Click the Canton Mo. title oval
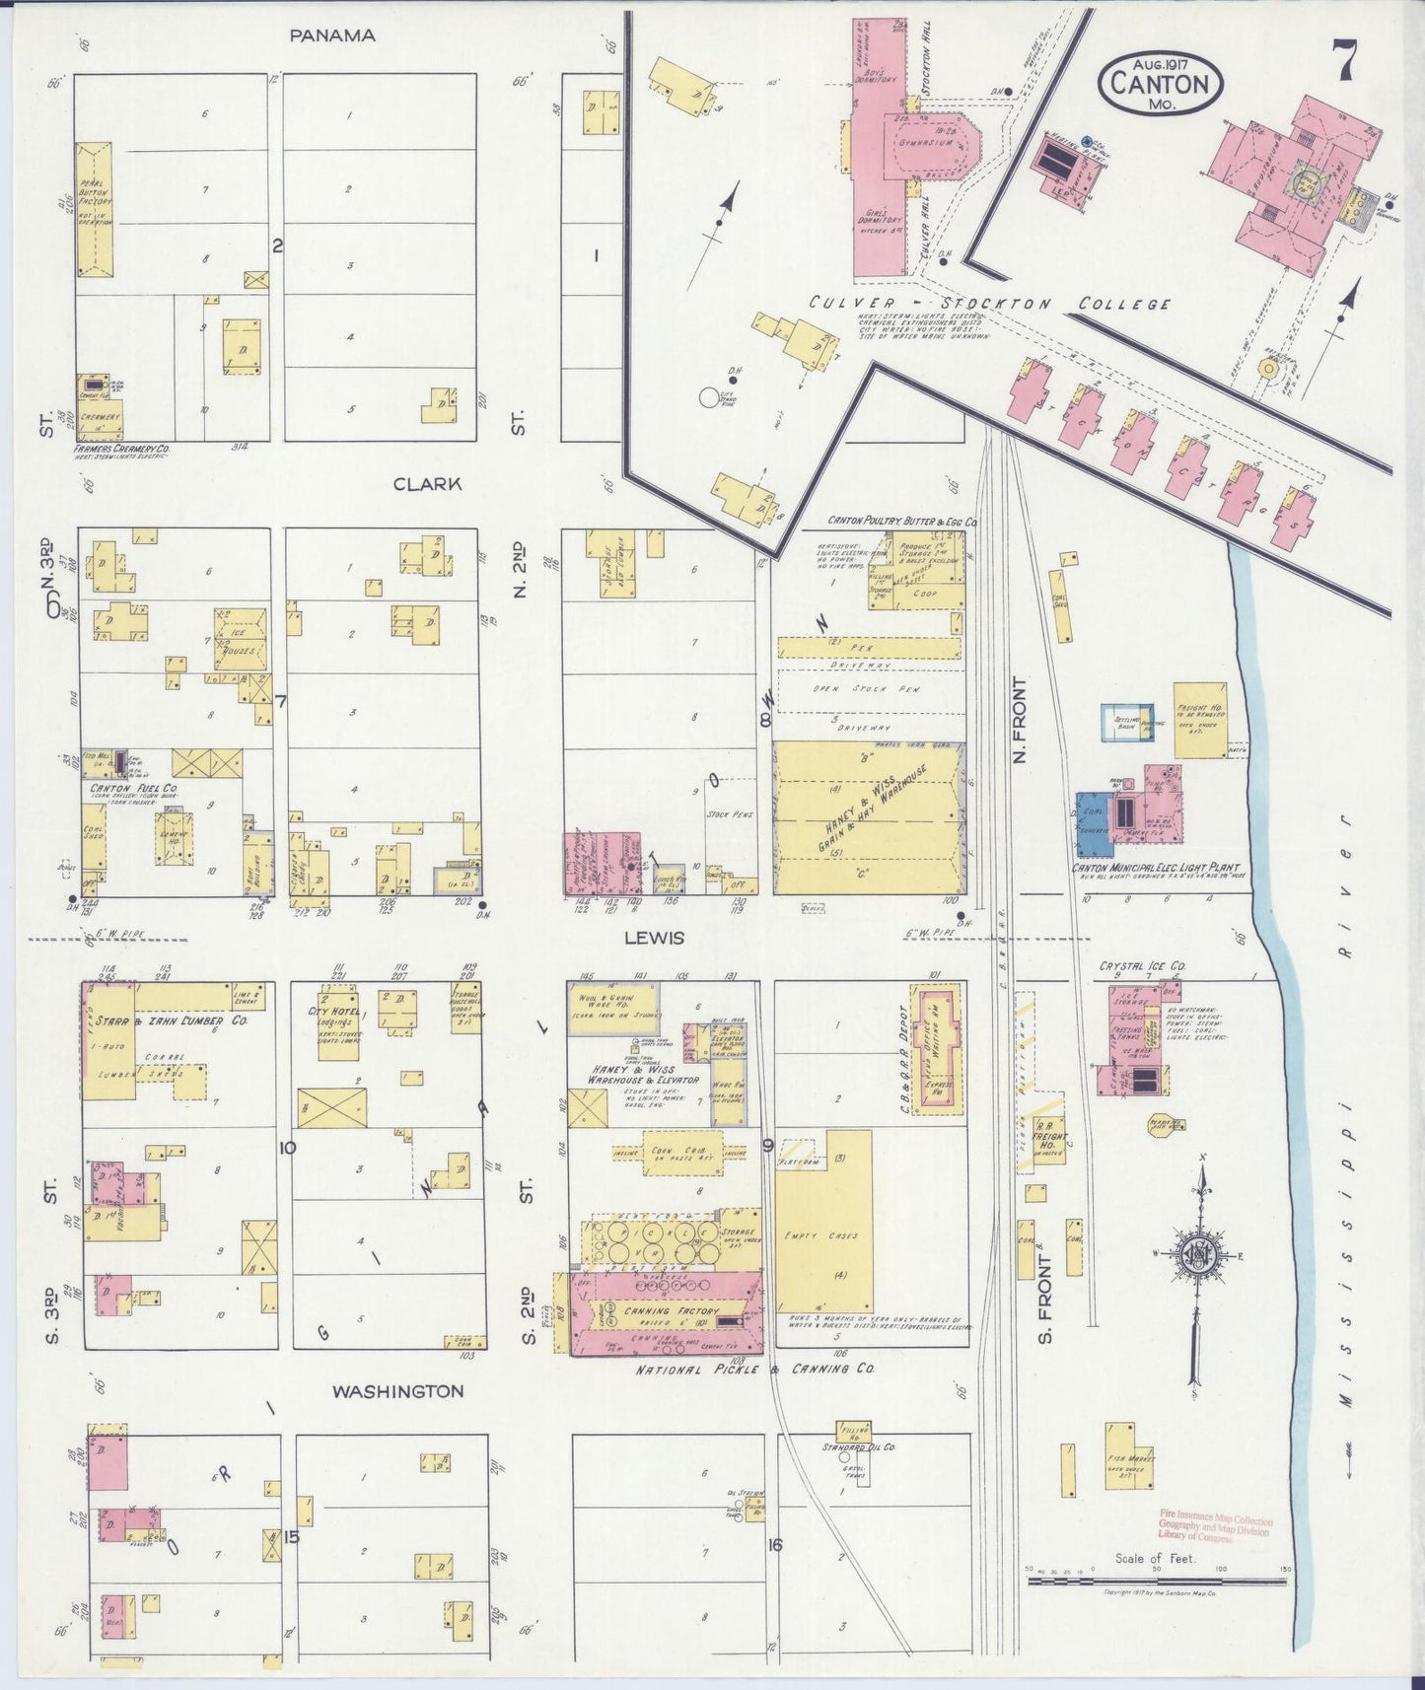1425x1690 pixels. click(1160, 82)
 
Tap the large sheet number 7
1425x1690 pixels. click(1345, 61)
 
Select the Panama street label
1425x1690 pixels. click(332, 35)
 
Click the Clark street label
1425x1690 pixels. click(427, 484)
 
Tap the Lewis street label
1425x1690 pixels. click(654, 938)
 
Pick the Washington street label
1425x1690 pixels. click(397, 1391)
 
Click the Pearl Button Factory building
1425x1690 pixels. click(95, 209)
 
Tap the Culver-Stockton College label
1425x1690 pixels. click(989, 304)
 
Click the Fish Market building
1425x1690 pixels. click(1128, 1455)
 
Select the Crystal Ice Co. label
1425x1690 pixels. click(1142, 966)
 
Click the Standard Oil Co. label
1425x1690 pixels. click(859, 1447)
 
